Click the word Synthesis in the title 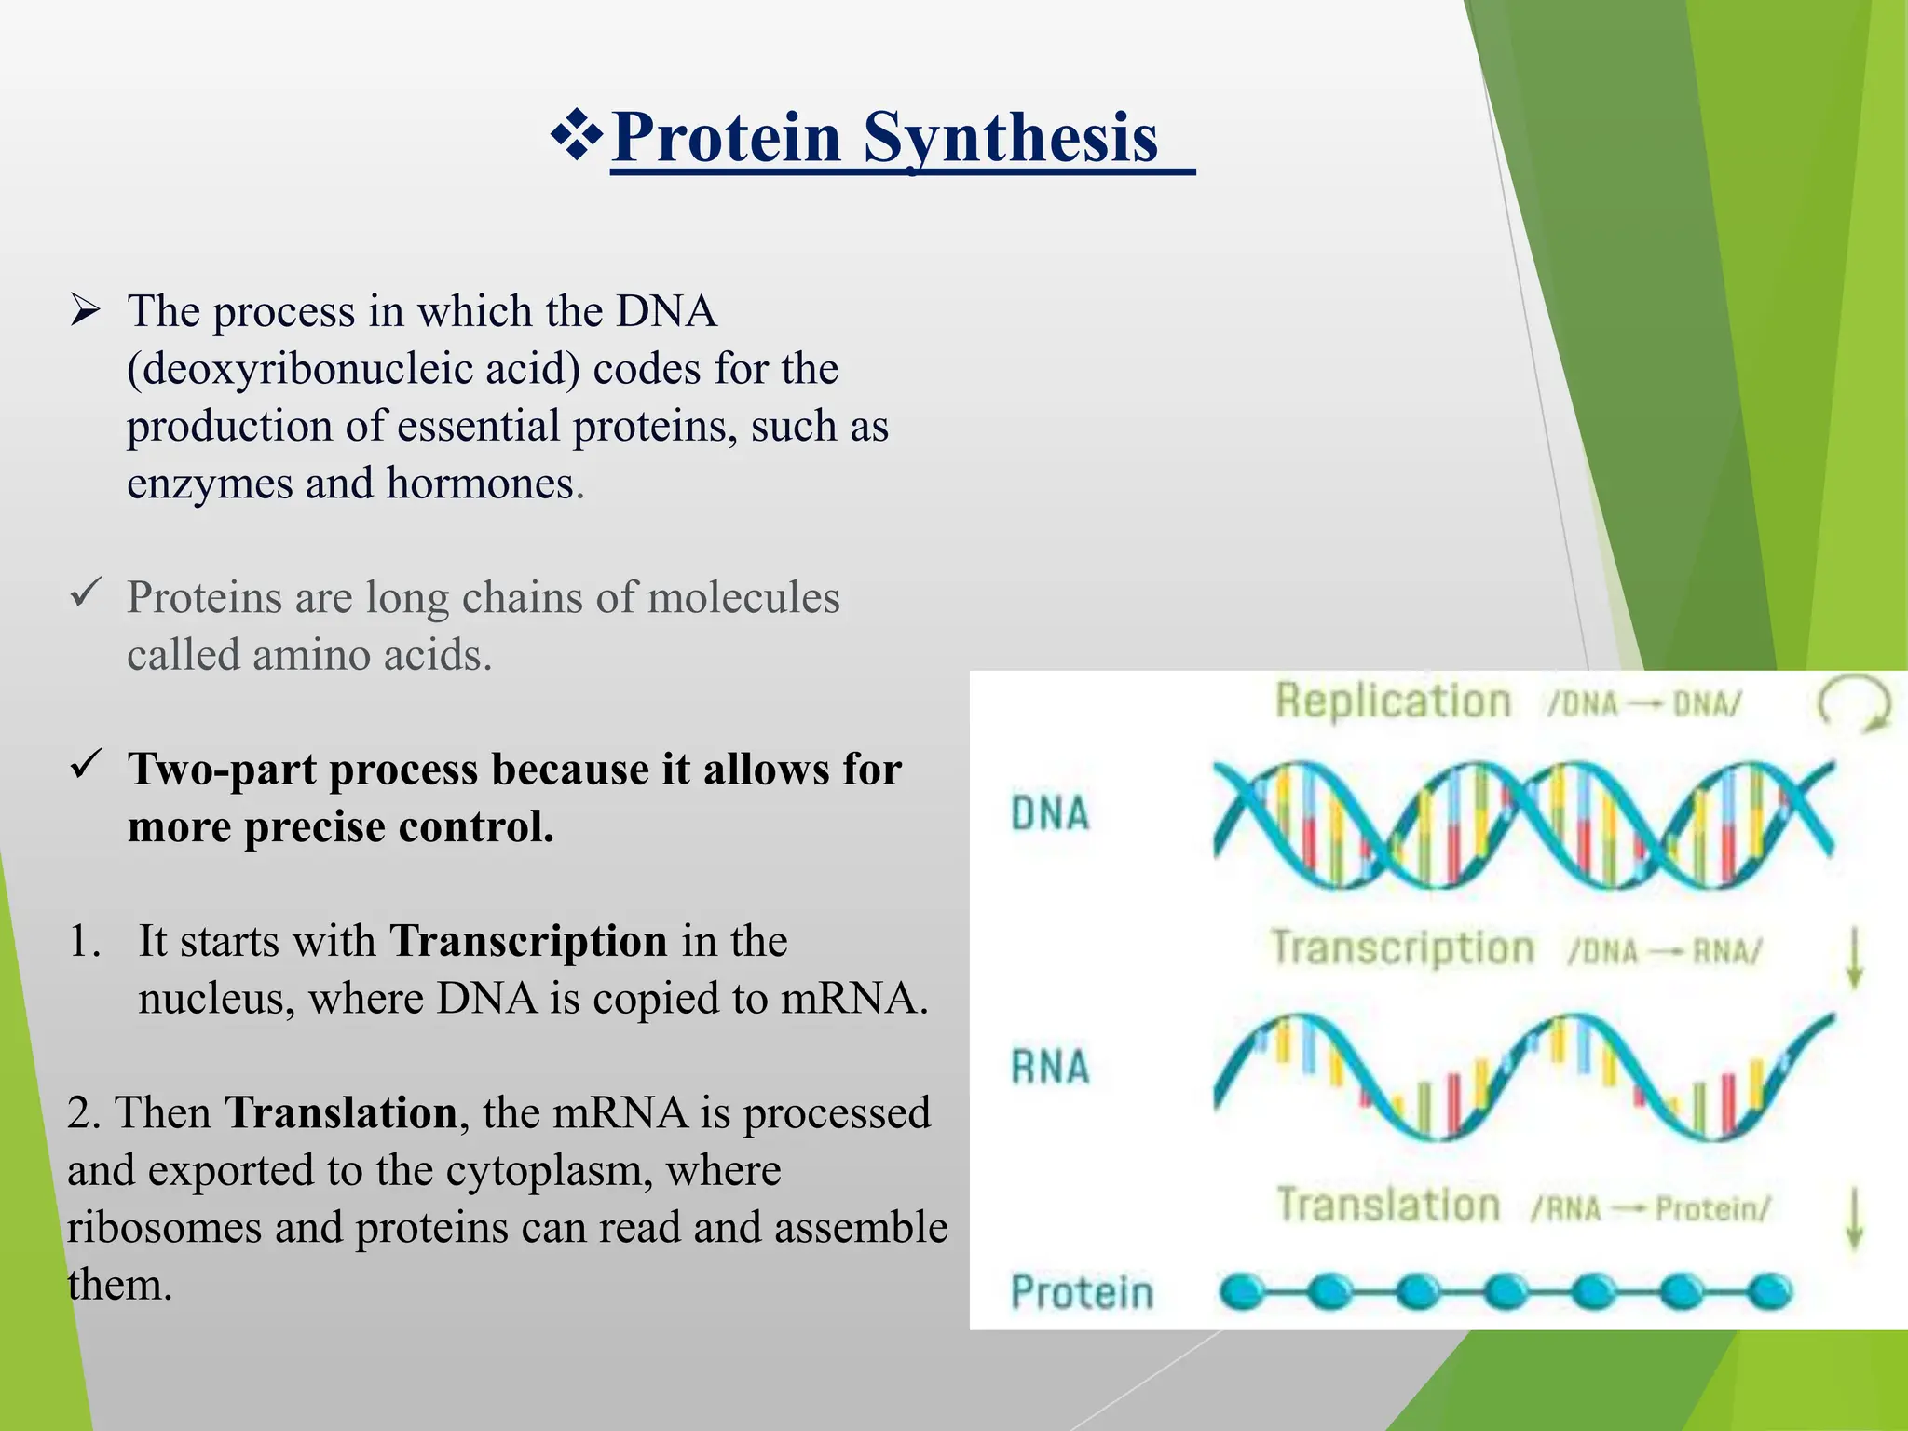[x=1011, y=138]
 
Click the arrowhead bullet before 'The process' [x=85, y=311]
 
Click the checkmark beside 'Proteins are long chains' [x=85, y=593]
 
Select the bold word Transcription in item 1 [x=528, y=941]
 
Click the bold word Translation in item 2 [x=340, y=1113]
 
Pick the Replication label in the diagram [x=1393, y=702]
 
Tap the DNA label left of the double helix [x=1050, y=813]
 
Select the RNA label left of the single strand [x=1050, y=1067]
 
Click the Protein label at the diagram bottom [x=1082, y=1293]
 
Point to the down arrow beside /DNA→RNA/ [x=1854, y=957]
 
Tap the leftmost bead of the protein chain [x=1242, y=1292]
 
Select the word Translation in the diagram [x=1388, y=1205]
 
